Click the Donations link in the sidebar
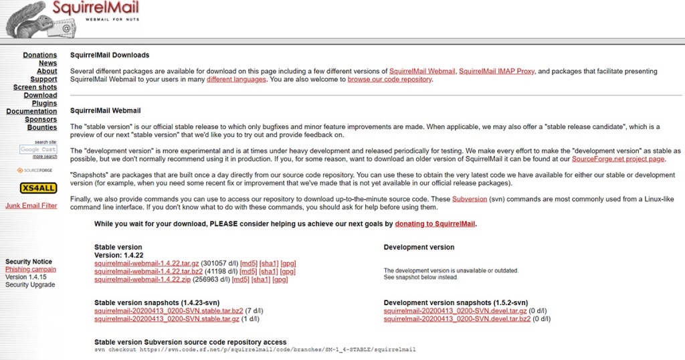pos(40,55)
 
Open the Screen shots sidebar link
pos(35,87)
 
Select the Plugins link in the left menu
pos(44,103)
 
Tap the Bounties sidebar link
pos(41,127)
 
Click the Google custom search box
pos(38,149)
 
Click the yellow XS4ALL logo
pos(38,187)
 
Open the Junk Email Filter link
pos(31,205)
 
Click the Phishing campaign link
pos(31,269)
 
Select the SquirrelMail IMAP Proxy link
pos(497,71)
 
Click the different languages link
pos(236,79)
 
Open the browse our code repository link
pos(389,79)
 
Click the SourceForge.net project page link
pos(619,159)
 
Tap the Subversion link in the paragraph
pos(469,199)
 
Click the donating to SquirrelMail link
pos(435,224)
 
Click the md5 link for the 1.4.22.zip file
pos(240,279)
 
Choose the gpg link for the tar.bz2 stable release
pos(288,271)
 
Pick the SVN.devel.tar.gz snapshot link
pos(456,311)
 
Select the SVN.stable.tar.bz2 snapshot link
pos(168,311)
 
